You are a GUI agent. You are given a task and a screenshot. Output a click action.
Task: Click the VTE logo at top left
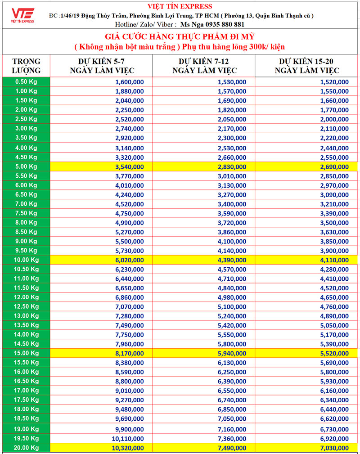23,14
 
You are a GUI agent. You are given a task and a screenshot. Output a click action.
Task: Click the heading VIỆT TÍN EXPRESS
180,6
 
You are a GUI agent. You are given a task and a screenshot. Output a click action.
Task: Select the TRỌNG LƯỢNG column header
26,66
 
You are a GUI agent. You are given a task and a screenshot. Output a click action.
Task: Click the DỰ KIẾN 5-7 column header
102,66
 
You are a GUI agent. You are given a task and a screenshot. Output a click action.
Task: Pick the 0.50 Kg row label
26,82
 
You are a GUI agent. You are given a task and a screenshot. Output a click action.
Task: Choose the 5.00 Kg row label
26,166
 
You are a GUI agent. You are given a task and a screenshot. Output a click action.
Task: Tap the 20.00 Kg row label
26,448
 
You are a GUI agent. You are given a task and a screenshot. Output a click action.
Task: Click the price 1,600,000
130,82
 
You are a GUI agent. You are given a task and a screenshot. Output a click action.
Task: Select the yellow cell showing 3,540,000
130,166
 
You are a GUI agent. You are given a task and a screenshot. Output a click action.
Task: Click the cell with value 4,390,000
232,260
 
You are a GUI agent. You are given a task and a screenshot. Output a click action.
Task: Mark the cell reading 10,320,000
128,448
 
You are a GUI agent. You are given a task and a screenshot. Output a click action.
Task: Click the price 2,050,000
232,119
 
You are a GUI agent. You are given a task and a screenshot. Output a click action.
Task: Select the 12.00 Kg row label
26,297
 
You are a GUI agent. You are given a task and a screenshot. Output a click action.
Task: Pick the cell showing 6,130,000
232,363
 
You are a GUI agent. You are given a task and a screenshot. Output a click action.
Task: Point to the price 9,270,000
130,400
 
